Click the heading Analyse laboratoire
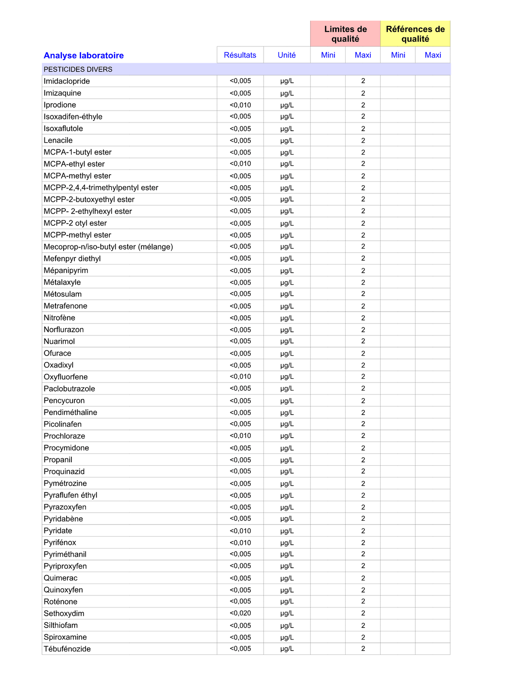click(x=84, y=55)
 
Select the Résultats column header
click(x=240, y=55)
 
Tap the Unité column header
click(x=287, y=55)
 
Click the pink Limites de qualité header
click(x=345, y=34)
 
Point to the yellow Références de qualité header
click(x=415, y=34)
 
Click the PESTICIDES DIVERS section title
click(x=78, y=69)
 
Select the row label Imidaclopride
click(x=67, y=81)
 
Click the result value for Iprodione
click(x=240, y=105)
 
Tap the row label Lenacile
click(x=58, y=140)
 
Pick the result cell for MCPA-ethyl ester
click(x=240, y=164)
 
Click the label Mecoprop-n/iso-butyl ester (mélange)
click(x=108, y=247)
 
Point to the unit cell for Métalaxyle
click(x=287, y=282)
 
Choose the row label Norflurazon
click(x=64, y=330)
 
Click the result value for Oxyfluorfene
click(x=240, y=377)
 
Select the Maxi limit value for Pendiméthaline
click(x=363, y=412)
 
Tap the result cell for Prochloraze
click(x=240, y=436)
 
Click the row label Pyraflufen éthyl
click(x=70, y=495)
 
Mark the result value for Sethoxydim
click(x=240, y=613)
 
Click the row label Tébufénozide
click(x=67, y=649)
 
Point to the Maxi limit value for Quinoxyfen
click(x=363, y=590)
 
